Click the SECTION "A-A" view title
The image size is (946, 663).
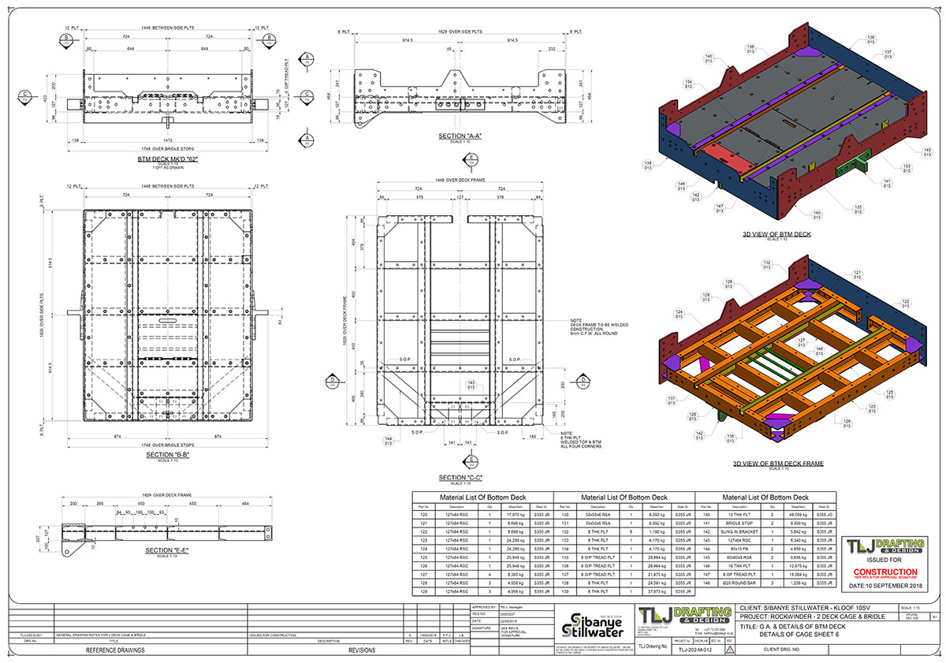tap(460, 136)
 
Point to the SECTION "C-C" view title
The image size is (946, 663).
tap(460, 478)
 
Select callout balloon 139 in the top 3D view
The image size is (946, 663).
tap(871, 40)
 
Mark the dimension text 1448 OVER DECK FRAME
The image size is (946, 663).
tap(460, 181)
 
